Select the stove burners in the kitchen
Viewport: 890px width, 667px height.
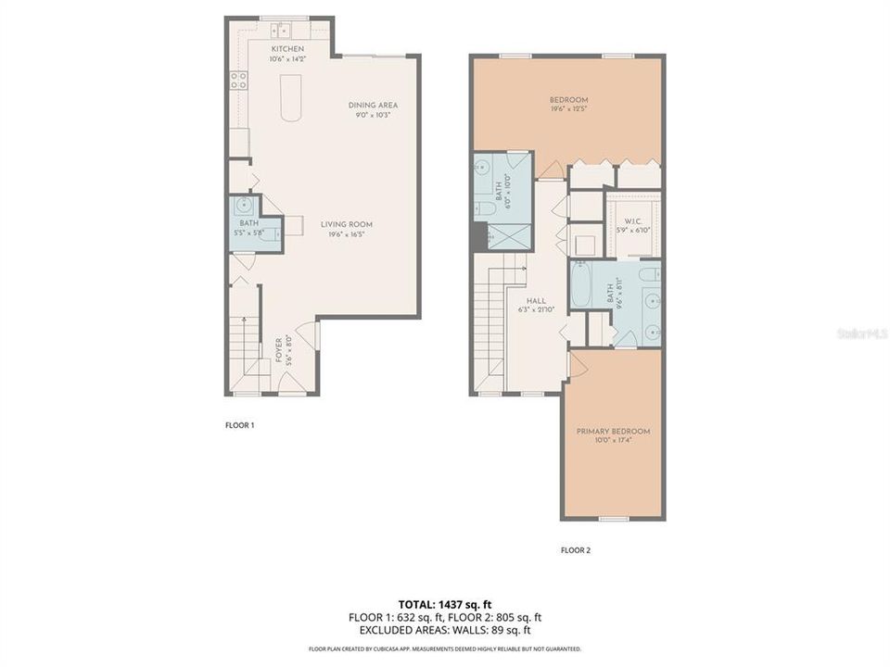(238, 80)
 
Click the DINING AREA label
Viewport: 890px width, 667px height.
(373, 105)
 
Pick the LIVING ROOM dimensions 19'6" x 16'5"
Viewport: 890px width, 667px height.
(347, 234)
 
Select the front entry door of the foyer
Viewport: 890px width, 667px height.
(295, 392)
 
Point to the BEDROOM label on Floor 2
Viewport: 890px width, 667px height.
(568, 100)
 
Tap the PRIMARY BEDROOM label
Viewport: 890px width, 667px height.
(613, 432)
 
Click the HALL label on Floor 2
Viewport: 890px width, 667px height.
(534, 300)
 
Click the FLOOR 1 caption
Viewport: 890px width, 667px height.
(239, 425)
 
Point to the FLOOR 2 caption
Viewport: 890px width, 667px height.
(575, 550)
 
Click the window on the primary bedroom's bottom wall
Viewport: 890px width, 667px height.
(612, 518)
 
